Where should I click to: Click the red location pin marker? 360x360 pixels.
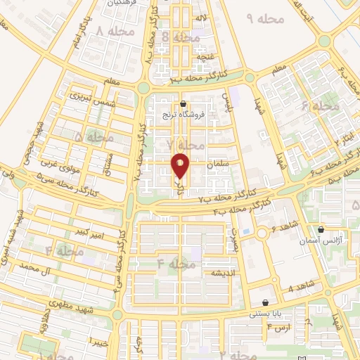(181, 165)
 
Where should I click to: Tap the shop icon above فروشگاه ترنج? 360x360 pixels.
(183, 103)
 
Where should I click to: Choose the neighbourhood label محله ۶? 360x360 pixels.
(320, 106)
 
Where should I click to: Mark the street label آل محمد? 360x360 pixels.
(39, 268)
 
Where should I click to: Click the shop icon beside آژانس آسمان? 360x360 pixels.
(321, 229)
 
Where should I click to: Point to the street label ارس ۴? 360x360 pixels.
(280, 328)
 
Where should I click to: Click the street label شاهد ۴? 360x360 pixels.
(300, 288)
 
